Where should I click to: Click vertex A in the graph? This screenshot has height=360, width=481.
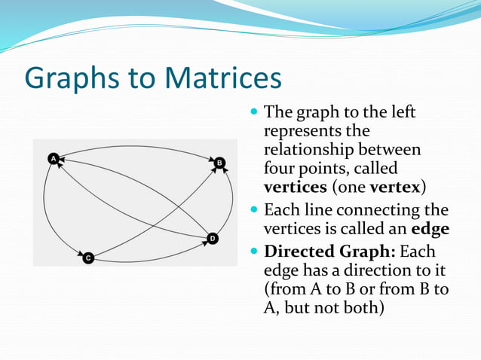tap(53, 158)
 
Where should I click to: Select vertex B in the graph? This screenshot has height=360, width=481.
tap(219, 163)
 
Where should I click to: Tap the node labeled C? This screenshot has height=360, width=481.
tap(88, 258)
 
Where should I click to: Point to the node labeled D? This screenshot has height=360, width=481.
tap(213, 239)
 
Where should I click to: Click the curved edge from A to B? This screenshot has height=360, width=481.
tap(136, 146)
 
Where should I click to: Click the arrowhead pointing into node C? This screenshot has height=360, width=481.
tap(78, 253)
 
